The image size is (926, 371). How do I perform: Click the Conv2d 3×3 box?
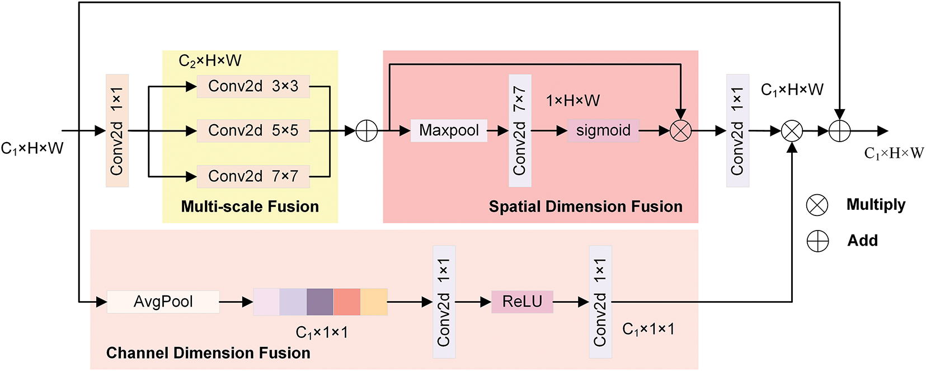(x=253, y=86)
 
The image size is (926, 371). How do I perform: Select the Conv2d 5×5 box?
(x=253, y=131)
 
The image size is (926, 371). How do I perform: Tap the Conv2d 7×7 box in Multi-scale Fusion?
(x=253, y=176)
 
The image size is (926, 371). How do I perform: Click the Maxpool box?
(x=449, y=131)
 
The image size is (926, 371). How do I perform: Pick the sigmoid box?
(x=603, y=131)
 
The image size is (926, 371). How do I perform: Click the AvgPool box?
(x=163, y=302)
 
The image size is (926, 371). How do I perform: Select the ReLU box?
(x=522, y=302)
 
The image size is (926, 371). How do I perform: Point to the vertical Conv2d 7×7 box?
(x=520, y=131)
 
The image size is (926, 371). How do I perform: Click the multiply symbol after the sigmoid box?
(x=680, y=131)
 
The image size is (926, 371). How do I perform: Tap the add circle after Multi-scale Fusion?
(x=366, y=131)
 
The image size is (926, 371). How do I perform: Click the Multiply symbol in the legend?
(x=817, y=205)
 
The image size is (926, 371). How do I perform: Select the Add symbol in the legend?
(x=817, y=241)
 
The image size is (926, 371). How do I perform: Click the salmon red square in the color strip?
(x=347, y=302)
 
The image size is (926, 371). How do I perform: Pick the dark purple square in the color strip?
(x=320, y=302)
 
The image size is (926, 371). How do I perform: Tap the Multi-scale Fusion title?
(x=250, y=206)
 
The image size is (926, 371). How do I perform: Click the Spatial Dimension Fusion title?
(x=586, y=206)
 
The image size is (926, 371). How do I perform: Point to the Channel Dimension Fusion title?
(x=208, y=353)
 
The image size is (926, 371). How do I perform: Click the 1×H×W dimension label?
(x=573, y=101)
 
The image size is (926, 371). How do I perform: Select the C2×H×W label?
(x=210, y=61)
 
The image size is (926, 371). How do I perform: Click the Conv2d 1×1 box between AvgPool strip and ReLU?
(x=444, y=302)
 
